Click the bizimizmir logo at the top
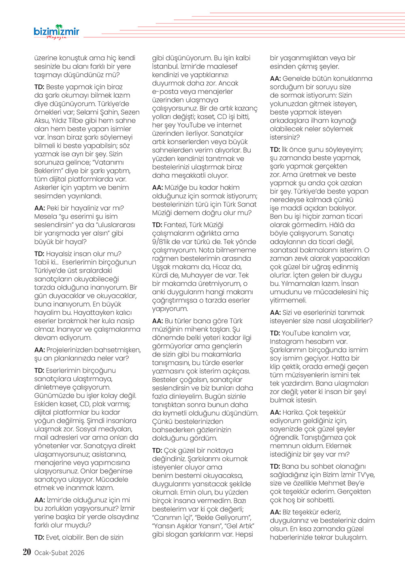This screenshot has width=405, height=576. point(56,32)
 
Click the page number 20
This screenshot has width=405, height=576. point(27,552)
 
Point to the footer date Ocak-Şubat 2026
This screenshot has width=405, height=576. point(60,553)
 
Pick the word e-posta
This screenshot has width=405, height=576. point(165,92)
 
